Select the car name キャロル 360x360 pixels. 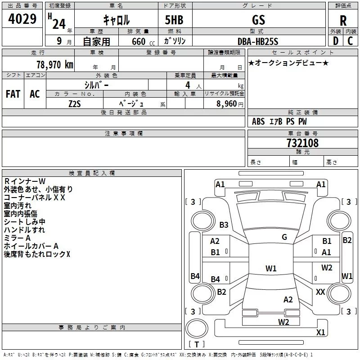click(116, 20)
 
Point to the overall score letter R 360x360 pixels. click(343, 20)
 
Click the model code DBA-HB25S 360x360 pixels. click(258, 41)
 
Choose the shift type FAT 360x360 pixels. click(13, 94)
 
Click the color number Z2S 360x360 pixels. click(75, 103)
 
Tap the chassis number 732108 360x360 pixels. click(302, 143)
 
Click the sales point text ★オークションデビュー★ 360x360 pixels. click(288, 63)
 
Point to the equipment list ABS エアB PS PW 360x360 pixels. click(279, 121)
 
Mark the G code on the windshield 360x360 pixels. click(284, 237)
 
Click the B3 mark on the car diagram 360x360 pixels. click(224, 225)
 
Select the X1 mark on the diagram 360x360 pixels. click(320, 333)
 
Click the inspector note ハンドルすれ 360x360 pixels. click(24, 230)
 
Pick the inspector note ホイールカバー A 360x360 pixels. click(31, 246)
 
